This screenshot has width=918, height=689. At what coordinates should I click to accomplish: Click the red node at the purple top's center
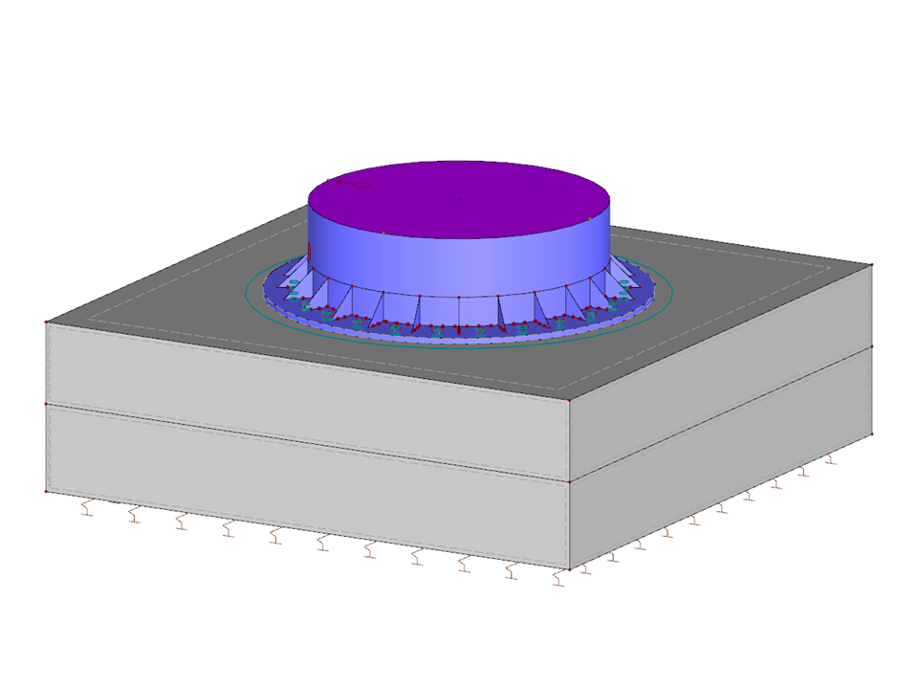tap(459, 200)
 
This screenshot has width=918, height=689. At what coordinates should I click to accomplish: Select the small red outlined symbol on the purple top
tap(356, 185)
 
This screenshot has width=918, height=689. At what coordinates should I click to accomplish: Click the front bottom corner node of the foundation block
tap(569, 570)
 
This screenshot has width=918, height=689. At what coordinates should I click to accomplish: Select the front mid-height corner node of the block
tap(569, 481)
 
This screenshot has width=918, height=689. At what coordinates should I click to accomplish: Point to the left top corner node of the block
tap(46, 323)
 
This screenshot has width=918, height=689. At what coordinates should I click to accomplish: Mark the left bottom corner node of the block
tap(46, 492)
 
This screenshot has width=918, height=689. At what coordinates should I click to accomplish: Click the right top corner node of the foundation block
tap(872, 264)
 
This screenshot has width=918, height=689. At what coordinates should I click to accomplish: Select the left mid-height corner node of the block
tap(46, 405)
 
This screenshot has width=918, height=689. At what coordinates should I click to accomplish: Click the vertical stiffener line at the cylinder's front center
tap(460, 311)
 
